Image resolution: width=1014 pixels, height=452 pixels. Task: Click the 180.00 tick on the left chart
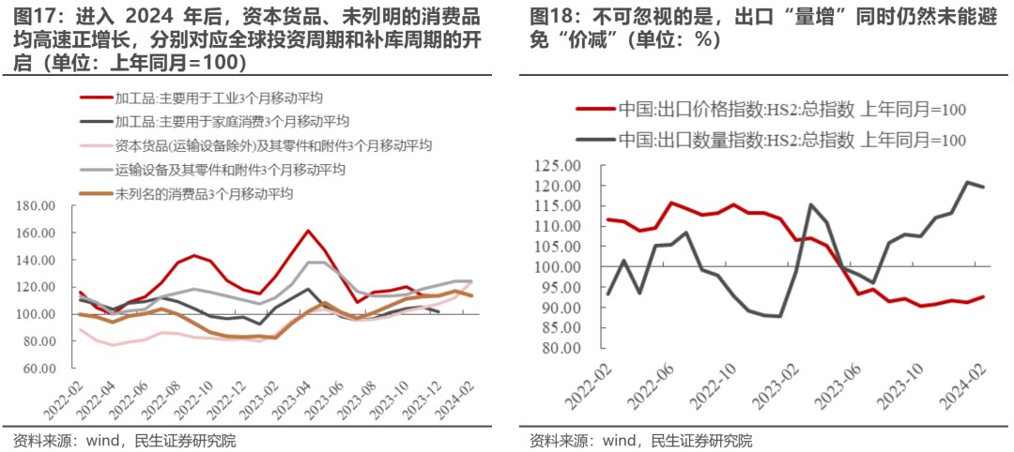(39, 205)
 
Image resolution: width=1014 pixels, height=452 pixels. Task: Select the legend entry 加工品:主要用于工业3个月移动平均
(221, 98)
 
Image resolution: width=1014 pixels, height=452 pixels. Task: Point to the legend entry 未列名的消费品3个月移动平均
(205, 194)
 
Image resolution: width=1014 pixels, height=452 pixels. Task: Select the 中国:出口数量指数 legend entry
(791, 140)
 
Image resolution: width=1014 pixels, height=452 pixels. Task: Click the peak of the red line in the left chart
(308, 231)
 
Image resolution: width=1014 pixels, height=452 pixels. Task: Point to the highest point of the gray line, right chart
(966, 182)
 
